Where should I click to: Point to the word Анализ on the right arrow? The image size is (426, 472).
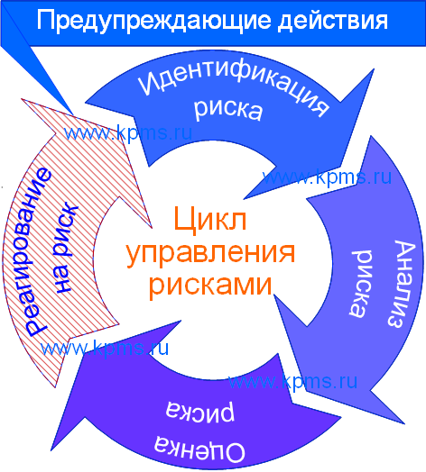[x=401, y=284]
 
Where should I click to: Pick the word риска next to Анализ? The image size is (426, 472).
[x=361, y=284]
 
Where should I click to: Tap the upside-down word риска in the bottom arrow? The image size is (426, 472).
[x=199, y=413]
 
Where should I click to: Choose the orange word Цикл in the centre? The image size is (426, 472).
[x=210, y=219]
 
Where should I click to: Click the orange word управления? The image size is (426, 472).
[x=210, y=253]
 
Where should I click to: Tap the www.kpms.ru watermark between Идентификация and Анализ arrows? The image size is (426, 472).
[x=327, y=177]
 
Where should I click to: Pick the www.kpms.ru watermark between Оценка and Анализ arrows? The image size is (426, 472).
[x=292, y=382]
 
